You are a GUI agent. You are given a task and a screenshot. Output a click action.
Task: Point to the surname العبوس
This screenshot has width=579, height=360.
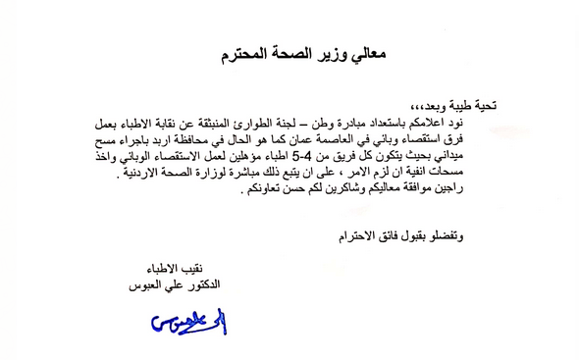156,282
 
